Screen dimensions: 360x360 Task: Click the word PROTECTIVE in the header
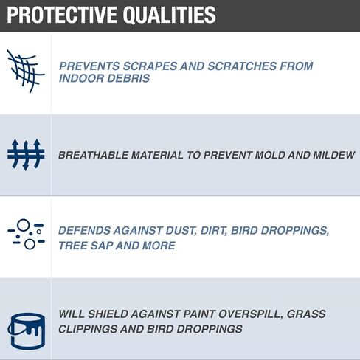(62, 15)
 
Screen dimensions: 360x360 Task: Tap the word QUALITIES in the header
(170, 15)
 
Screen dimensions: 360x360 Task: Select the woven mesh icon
(26, 72)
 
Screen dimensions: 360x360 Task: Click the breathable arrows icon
(26, 155)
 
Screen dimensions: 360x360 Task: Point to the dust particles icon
(26, 234)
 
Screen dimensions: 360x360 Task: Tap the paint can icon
(27, 331)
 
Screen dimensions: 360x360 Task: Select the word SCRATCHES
(242, 66)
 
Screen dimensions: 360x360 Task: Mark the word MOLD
(270, 155)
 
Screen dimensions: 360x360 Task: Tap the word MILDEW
(333, 155)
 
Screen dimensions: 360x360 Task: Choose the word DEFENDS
(84, 231)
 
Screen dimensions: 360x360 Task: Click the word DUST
(181, 231)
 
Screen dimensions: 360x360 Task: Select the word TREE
(73, 246)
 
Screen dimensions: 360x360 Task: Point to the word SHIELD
(107, 314)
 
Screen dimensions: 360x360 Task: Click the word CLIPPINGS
(88, 329)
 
